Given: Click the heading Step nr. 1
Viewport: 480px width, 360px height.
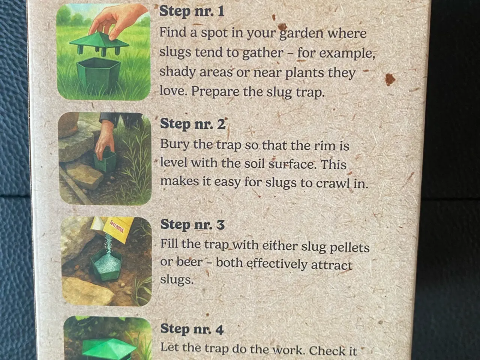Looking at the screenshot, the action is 192,11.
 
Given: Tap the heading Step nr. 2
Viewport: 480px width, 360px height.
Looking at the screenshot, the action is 193,124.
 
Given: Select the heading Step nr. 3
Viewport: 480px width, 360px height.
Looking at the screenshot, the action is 192,224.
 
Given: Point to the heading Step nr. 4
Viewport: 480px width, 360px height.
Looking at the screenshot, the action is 192,329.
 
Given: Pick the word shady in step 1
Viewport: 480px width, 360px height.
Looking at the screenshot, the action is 177,72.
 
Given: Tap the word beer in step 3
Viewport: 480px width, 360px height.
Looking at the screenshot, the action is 189,262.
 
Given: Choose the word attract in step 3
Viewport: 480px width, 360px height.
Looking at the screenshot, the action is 331,265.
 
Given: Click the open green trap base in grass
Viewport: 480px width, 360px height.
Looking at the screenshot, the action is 98,73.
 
